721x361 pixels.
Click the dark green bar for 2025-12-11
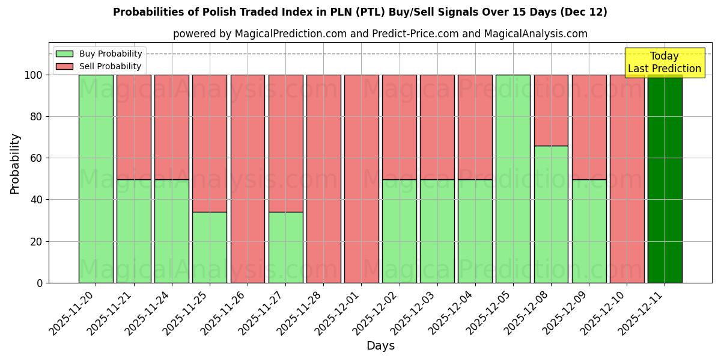tap(665, 179)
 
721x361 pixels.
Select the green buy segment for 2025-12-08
tap(551, 214)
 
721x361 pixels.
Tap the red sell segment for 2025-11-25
tap(210, 143)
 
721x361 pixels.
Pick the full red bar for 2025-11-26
tap(248, 179)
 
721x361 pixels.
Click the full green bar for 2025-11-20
tap(96, 179)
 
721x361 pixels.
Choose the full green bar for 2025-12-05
tap(513, 179)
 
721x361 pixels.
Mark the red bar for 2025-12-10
tap(627, 179)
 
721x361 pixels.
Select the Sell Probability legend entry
tap(99, 66)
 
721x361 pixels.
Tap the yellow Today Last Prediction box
tap(664, 63)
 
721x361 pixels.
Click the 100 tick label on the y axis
tap(33, 75)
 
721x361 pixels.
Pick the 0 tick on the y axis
tap(40, 283)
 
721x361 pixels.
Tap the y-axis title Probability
tap(15, 164)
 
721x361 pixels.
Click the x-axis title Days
tap(380, 346)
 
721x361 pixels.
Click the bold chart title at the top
tap(360, 12)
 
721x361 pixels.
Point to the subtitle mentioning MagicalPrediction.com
tap(380, 34)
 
